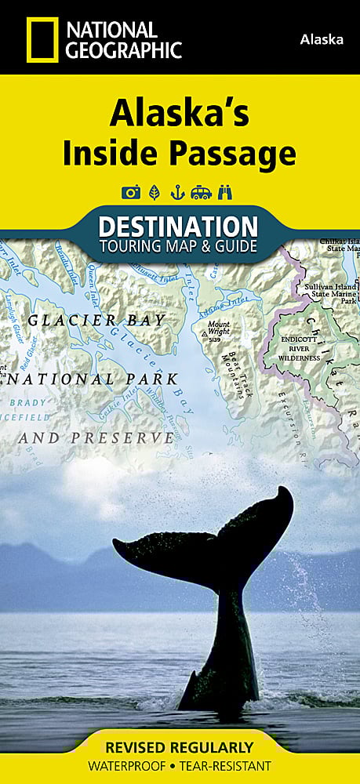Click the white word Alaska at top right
[x=322, y=40]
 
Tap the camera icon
[x=129, y=193]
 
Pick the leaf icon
[x=154, y=193]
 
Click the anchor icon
[x=177, y=193]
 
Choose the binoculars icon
[x=227, y=193]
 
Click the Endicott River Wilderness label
[x=299, y=348]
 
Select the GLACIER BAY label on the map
[x=96, y=320]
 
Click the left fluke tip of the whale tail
[x=116, y=543]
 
